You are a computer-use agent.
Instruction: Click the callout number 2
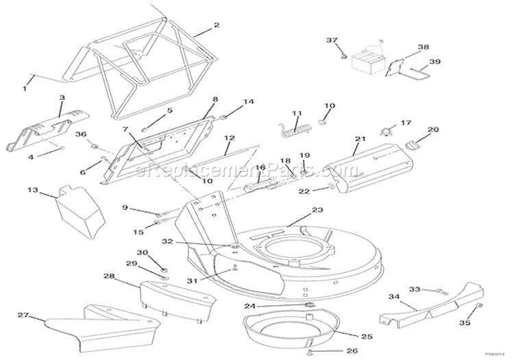click(217, 26)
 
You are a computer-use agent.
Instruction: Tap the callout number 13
click(33, 190)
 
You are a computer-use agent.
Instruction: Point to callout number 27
click(23, 315)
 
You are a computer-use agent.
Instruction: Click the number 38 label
click(422, 48)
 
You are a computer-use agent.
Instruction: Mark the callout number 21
click(357, 139)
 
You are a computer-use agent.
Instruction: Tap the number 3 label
click(61, 97)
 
